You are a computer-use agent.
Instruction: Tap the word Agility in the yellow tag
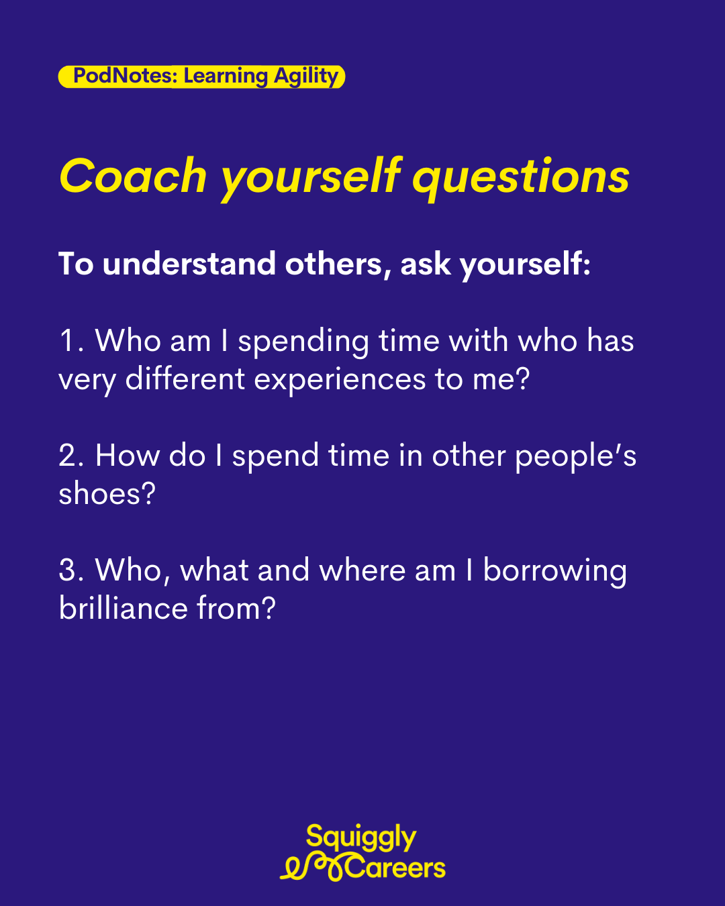[x=306, y=77]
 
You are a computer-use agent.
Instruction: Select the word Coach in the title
[x=134, y=176]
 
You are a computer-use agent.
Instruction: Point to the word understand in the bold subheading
[x=189, y=264]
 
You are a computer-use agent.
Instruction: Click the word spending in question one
[x=303, y=343]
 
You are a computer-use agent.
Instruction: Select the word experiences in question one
[x=340, y=381]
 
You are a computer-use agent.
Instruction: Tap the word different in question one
[x=185, y=378]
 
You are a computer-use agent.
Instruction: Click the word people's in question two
[x=575, y=458]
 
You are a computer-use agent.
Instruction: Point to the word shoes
[x=107, y=493]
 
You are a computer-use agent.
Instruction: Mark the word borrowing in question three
[x=554, y=573]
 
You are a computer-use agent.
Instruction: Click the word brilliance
[x=123, y=608]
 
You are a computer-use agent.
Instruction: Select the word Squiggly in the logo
[x=361, y=838]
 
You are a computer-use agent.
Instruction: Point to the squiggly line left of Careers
[x=312, y=868]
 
